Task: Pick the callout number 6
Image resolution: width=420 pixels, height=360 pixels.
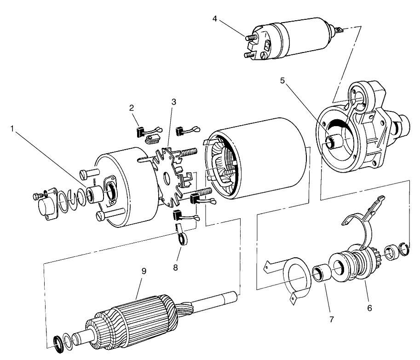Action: (369, 307)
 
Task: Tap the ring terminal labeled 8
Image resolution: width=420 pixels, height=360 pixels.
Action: (184, 239)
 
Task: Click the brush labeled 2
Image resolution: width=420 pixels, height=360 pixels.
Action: (142, 131)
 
